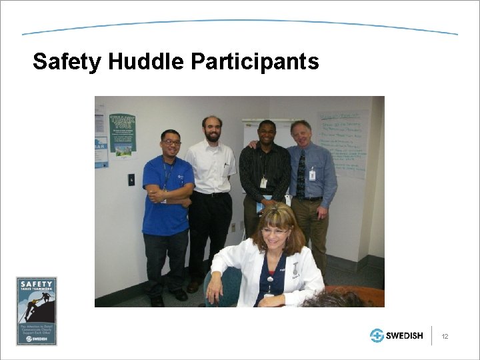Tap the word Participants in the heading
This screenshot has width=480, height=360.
[x=255, y=62]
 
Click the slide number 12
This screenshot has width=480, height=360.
[x=445, y=336]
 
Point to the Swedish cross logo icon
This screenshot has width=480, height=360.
[x=377, y=335]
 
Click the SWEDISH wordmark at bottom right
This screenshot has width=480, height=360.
[x=405, y=336]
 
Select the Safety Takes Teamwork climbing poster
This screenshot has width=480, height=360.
[x=37, y=311]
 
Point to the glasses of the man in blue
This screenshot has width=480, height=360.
[x=171, y=142]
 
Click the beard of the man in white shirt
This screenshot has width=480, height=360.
[x=213, y=137]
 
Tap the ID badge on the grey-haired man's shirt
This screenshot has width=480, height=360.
[x=312, y=175]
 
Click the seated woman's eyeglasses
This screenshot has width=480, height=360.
[x=276, y=231]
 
